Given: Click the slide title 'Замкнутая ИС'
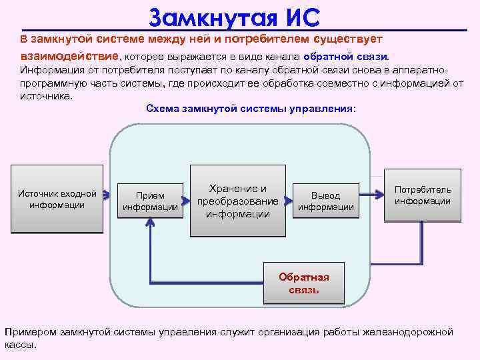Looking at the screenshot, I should coord(235,15).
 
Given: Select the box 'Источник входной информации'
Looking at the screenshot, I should coord(57,199).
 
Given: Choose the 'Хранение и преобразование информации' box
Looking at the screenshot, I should coord(237,201).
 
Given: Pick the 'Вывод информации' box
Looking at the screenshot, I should coord(325,201).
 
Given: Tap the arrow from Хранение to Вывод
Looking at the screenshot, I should coord(288,199).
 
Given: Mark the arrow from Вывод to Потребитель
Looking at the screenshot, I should coord(371,194).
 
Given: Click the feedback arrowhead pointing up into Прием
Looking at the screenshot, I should coord(151,225).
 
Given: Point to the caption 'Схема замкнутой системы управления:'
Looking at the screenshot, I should coord(251,108).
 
